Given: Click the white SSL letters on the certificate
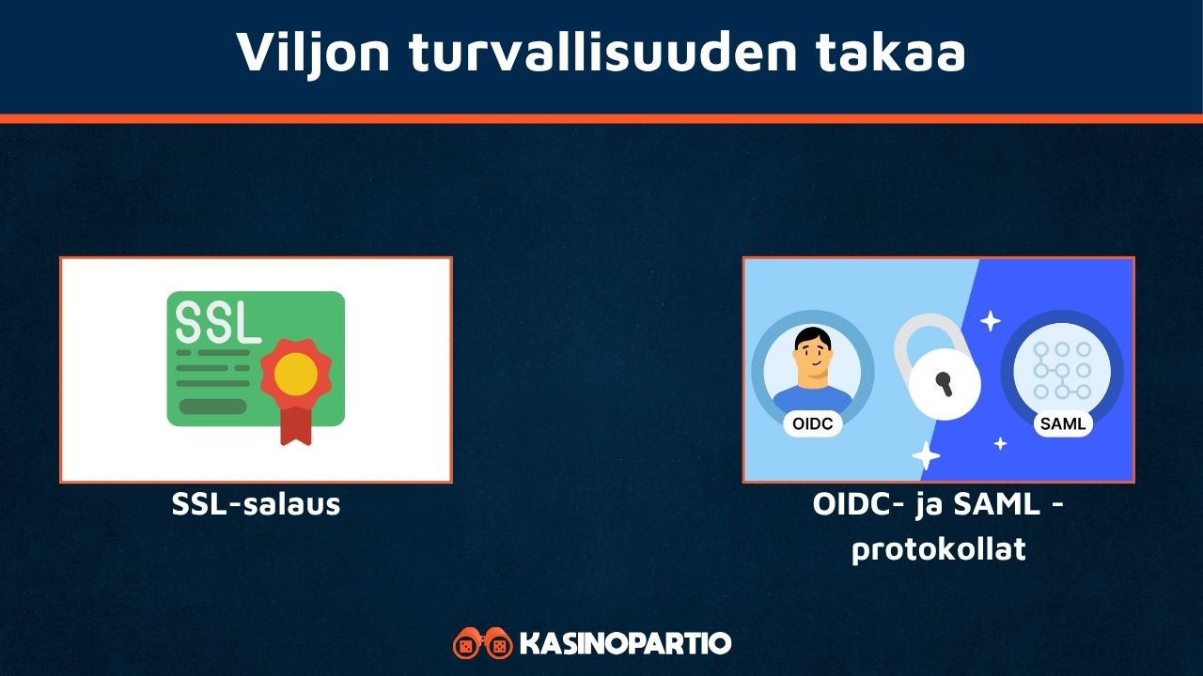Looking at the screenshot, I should click(x=218, y=323).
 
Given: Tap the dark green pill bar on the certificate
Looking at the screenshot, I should click(x=212, y=407).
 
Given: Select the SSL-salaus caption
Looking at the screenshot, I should click(x=256, y=504).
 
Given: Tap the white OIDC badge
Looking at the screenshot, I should click(x=812, y=423).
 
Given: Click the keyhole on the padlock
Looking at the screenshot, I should click(x=943, y=383).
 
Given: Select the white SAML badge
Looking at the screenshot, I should click(x=1063, y=423).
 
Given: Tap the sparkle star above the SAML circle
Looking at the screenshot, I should click(x=990, y=321).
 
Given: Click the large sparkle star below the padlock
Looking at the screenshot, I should click(x=926, y=455).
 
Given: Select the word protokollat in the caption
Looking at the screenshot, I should click(x=938, y=549).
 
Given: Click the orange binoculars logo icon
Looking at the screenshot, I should click(x=482, y=644).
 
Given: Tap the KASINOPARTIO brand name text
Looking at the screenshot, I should click(x=625, y=644).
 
